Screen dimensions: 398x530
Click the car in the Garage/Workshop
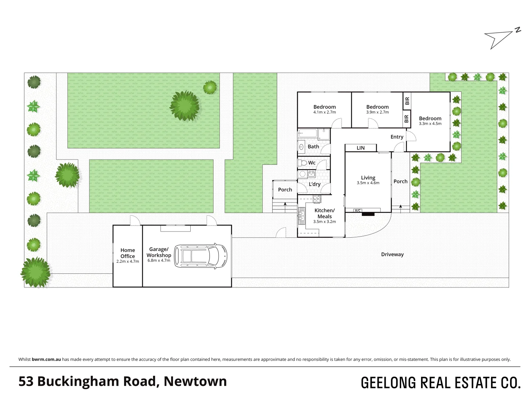coord(201,255)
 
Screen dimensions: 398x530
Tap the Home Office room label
coord(128,253)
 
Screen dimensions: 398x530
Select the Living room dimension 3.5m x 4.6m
coord(368,183)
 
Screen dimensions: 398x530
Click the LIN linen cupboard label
coord(361,148)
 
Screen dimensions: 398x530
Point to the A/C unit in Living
coord(357,210)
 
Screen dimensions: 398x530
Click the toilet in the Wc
coord(303,163)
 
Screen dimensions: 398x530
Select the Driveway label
coord(392,254)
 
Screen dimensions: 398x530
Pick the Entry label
coord(397,137)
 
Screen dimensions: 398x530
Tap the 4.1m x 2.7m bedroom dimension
coord(325,112)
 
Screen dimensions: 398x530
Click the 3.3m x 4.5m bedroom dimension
coord(430,124)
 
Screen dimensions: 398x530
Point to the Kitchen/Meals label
coord(325,213)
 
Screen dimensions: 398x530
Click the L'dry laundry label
coord(315,184)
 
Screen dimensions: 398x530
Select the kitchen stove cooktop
coord(317,199)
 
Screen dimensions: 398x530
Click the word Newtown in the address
coord(195,381)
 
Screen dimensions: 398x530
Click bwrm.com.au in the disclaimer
coord(46,359)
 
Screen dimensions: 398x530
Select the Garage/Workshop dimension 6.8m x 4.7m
coord(159,260)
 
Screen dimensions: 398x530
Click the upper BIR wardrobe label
coord(407,101)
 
